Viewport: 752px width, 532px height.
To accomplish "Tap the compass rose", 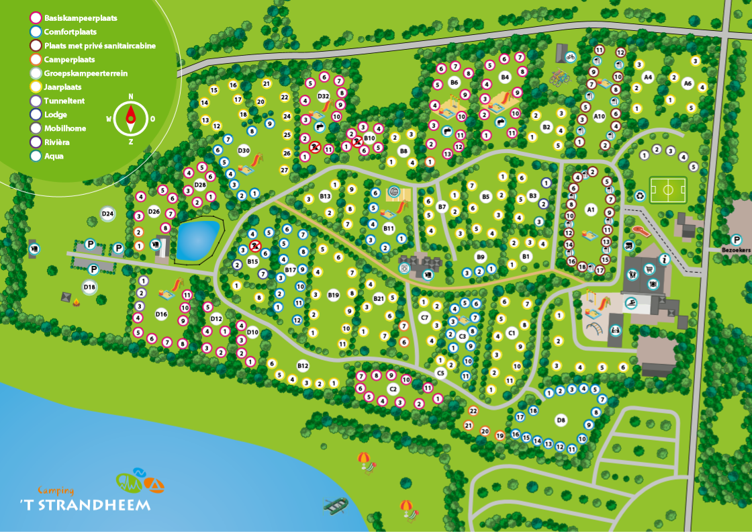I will click(130, 118).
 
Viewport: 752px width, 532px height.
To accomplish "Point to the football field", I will click(668, 190).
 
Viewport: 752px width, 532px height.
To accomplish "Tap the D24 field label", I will click(107, 214).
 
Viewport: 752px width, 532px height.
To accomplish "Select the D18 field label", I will click(90, 287).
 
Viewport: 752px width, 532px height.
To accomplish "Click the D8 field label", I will click(562, 420).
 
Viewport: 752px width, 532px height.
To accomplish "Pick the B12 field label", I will click(303, 365).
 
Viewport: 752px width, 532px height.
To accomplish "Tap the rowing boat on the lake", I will click(336, 506).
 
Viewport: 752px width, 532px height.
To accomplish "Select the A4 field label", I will click(648, 77).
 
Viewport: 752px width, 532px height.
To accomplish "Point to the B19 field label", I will click(334, 294).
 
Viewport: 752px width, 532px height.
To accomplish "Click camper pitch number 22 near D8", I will click(473, 410).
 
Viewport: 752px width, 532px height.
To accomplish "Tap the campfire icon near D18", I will click(76, 304).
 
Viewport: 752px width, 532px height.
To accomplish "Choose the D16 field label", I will click(161, 314).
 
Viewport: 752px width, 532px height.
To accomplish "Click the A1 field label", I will click(592, 210).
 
